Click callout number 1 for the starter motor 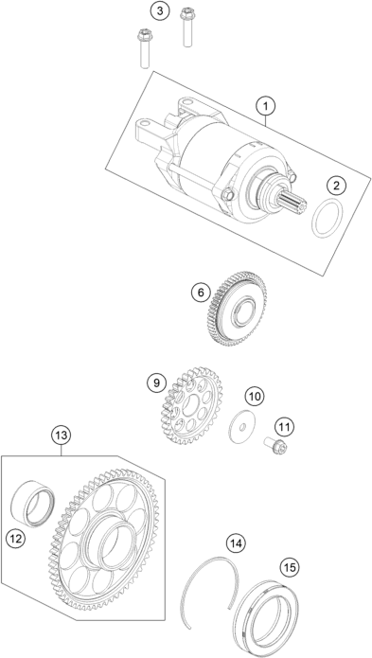(x=267, y=105)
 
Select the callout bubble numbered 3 (x=160, y=11)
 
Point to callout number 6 (x=200, y=293)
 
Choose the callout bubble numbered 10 (x=253, y=395)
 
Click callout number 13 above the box (x=62, y=435)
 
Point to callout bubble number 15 (x=289, y=568)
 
